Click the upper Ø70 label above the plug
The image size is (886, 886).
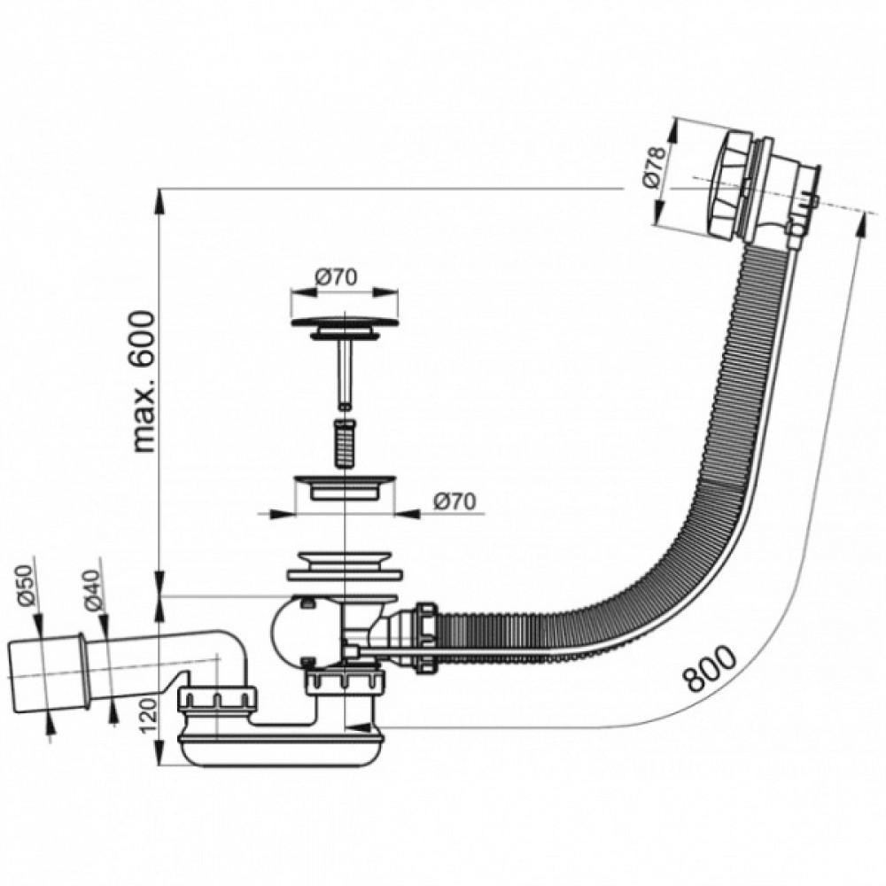[x=337, y=277]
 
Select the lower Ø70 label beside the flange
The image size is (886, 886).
[x=455, y=501]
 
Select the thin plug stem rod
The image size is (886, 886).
[x=344, y=373]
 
